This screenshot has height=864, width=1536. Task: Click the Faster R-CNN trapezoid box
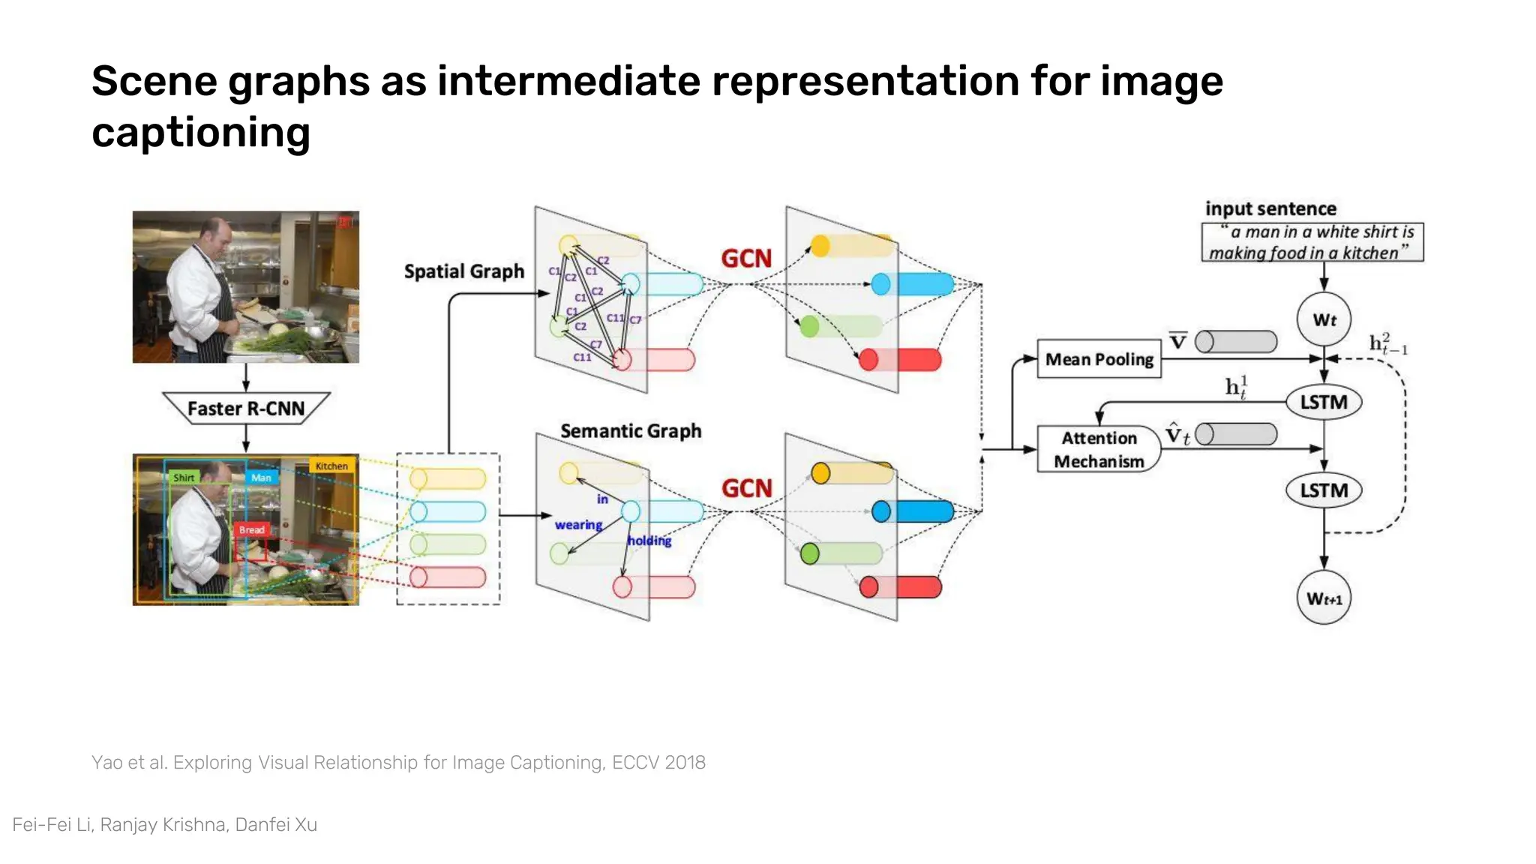(246, 409)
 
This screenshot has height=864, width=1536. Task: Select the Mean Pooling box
(1099, 359)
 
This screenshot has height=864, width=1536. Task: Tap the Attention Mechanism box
(1099, 449)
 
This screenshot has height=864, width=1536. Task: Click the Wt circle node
(1324, 319)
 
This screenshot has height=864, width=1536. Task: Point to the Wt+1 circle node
(1324, 598)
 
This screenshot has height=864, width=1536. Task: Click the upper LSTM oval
(1324, 403)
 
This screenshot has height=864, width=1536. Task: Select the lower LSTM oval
(1324, 490)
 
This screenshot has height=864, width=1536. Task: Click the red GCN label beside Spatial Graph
(746, 259)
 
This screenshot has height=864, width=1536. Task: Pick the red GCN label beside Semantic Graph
(746, 489)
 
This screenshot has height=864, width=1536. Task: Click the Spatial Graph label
(464, 271)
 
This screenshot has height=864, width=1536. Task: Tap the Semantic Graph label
(631, 431)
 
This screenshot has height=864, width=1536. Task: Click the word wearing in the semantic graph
(578, 525)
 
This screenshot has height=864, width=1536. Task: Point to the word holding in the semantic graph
(649, 541)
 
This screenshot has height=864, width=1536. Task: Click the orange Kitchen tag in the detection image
(331, 466)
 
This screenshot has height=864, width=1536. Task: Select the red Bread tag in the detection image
(251, 529)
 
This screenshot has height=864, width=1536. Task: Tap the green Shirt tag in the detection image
(184, 478)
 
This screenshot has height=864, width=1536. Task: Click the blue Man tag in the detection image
(261, 478)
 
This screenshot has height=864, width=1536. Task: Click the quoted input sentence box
(1312, 242)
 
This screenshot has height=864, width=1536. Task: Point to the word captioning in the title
(201, 133)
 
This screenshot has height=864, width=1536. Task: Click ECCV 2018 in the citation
(658, 763)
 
